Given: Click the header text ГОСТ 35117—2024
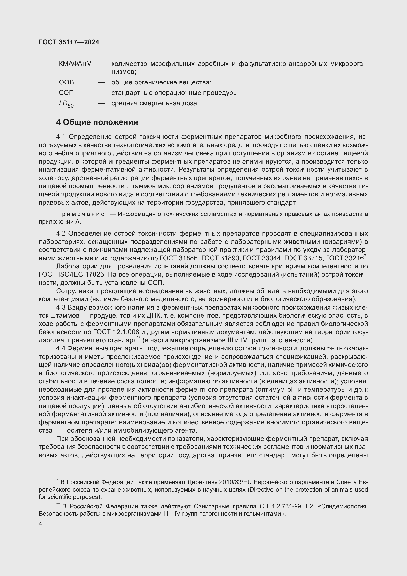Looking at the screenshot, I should pos(69,42).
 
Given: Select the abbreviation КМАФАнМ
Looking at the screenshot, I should pos(75,64).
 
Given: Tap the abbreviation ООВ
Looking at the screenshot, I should pos(66,82).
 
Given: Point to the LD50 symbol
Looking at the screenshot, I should pos(66,104).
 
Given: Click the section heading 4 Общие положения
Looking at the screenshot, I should pos(97,122).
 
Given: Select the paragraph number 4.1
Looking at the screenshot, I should pos(61,137).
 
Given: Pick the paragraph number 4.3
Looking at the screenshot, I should pos(61,307).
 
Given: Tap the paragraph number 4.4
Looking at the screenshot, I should pos(61,348).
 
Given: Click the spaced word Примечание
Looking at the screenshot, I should pos(80,214).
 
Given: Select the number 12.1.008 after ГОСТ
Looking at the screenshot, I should pos(126,332).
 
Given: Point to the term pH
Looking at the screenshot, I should pos(288,390).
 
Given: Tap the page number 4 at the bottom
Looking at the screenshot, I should pos(41,524).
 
